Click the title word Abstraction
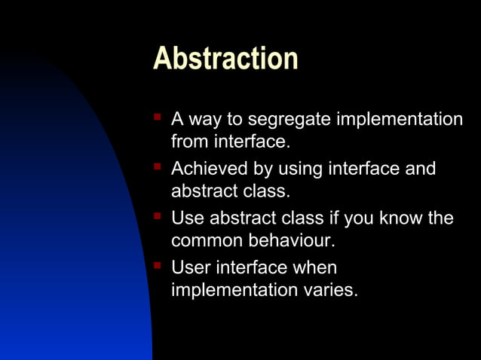[x=225, y=59]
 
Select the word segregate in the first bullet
[x=290, y=120]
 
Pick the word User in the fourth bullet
[x=191, y=268]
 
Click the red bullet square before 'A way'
[x=158, y=117]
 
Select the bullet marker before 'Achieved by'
[x=158, y=166]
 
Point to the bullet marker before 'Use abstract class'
[x=158, y=216]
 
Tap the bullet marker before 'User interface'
[x=158, y=265]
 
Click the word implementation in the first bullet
[x=399, y=120]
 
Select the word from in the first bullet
[x=188, y=141]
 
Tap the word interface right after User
[x=252, y=268]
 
